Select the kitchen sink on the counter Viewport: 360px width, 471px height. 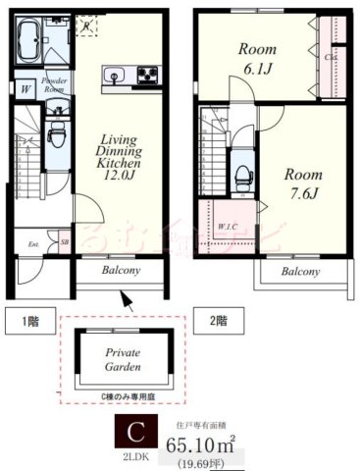click(111, 75)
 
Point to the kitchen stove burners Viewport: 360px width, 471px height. click(147, 74)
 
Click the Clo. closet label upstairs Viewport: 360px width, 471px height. click(333, 57)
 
